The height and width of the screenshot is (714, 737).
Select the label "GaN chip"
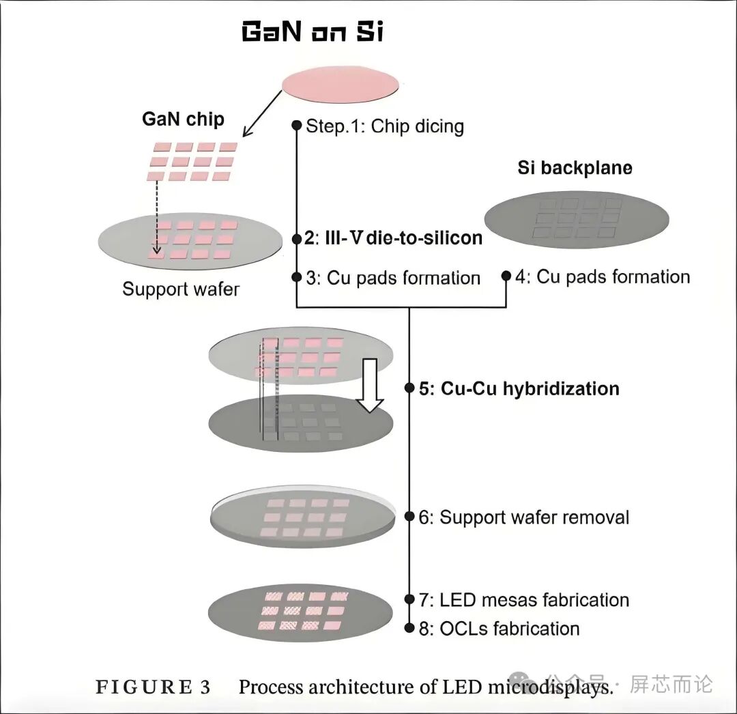tap(183, 119)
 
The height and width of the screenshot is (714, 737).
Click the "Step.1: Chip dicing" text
tap(384, 126)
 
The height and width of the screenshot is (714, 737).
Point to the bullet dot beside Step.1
tap(296, 126)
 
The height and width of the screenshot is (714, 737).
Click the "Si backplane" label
tap(575, 168)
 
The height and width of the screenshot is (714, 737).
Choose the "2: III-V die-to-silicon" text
tap(393, 238)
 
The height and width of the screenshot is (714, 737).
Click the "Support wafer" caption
tap(181, 289)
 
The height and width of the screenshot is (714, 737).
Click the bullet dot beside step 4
tap(506, 276)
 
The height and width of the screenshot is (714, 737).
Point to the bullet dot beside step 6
tap(409, 517)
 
